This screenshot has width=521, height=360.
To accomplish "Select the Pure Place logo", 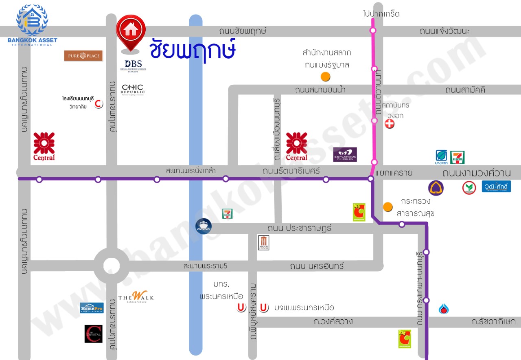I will pos(83,56).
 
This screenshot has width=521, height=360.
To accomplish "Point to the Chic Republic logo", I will pos(133,89).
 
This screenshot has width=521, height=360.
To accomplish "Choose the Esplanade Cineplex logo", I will pos(345,154).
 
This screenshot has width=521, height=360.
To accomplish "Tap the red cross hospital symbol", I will pos(390,124).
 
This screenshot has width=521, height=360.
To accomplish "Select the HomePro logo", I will pos(92,308).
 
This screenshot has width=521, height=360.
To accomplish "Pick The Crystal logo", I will pos(93,333).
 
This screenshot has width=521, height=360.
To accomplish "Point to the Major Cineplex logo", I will pos(264,243).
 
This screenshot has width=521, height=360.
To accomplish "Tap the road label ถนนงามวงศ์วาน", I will pos(476,173).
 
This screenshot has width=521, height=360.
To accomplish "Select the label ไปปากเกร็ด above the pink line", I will pos(381,14).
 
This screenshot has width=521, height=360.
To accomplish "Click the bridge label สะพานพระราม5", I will pos(205,266).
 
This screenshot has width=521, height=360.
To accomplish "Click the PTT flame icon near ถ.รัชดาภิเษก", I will pos(444,309).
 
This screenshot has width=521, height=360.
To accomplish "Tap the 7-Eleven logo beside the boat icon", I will pos(227,213).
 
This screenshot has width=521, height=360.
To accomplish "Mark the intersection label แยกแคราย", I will pos(394,173).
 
